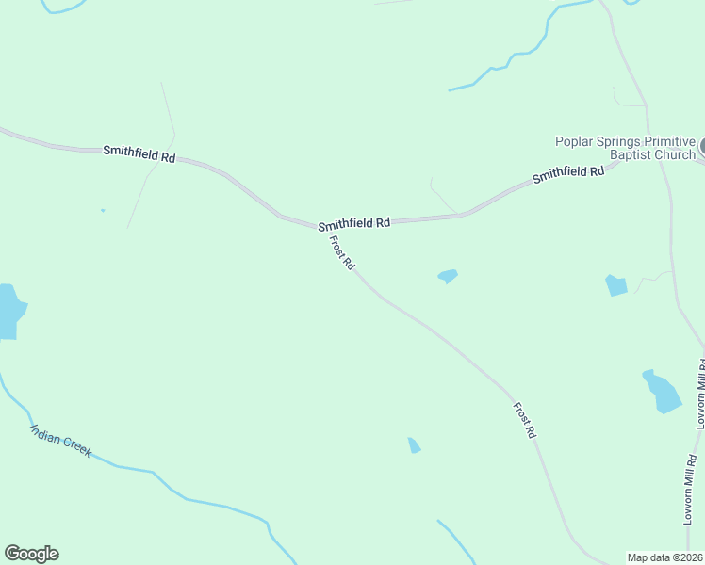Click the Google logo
coord(31,554)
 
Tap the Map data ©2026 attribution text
coord(664,557)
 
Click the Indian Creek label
coord(60,440)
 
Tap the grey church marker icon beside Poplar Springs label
coord(702,148)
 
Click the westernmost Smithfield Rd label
coord(139,154)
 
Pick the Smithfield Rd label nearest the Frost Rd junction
coord(353,224)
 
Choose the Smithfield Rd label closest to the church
coord(567,174)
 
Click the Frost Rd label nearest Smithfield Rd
coord(341,253)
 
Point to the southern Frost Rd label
coord(525,420)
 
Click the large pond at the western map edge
coord(8,311)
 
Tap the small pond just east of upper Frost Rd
coord(448,276)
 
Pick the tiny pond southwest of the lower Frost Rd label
coord(413,444)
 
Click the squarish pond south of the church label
coord(615,284)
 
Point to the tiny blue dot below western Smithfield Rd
coord(102,210)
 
